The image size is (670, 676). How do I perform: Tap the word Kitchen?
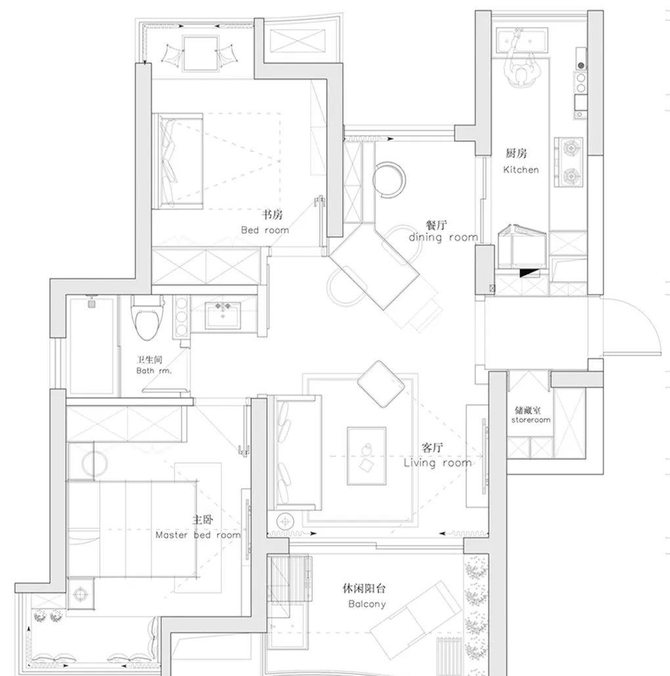tap(521, 170)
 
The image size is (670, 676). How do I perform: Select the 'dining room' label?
tap(443, 238)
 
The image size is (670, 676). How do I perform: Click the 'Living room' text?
tap(437, 463)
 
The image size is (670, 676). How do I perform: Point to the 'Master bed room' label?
tap(198, 535)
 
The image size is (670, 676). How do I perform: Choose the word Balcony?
tap(367, 604)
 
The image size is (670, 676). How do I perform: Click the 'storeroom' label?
tap(531, 420)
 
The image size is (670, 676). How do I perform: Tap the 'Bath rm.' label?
tap(154, 371)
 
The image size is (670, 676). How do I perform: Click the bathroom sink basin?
tap(223, 315)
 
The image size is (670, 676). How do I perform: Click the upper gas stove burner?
tap(570, 148)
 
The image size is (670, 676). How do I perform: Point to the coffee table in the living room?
tap(367, 457)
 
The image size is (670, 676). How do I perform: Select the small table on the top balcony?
tap(200, 53)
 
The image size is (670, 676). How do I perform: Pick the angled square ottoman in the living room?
tap(381, 384)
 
